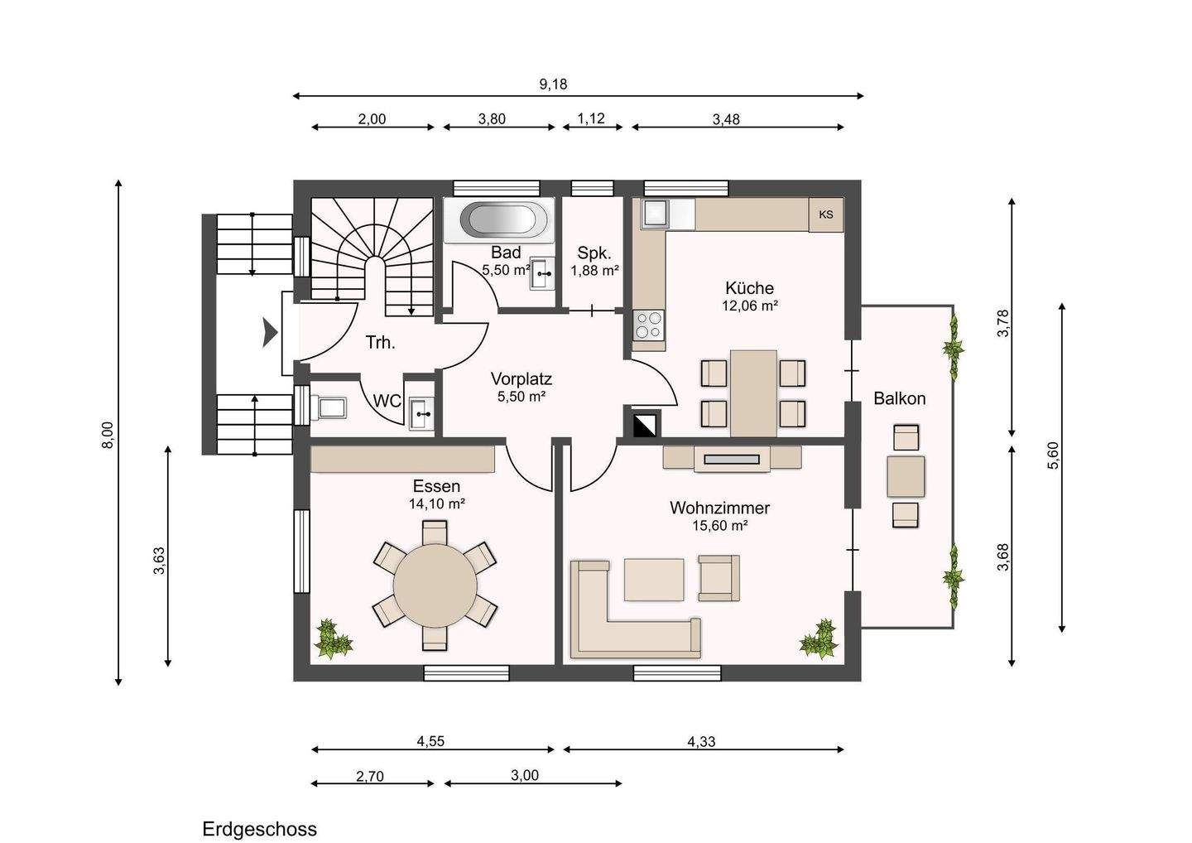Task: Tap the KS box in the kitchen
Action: click(826, 214)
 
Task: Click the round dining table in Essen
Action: click(435, 585)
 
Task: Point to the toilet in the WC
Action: click(329, 407)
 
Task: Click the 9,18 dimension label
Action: click(554, 84)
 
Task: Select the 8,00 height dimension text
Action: click(108, 435)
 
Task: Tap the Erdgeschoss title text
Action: click(260, 829)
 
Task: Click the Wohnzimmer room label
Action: click(719, 508)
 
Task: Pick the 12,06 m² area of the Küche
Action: click(750, 306)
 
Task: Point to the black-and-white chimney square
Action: click(645, 425)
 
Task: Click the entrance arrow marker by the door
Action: click(270, 333)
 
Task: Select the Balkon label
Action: click(899, 398)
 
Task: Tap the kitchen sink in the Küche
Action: click(655, 214)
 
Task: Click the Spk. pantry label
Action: click(594, 253)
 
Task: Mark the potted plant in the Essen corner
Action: click(334, 639)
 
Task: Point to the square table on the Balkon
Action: click(906, 476)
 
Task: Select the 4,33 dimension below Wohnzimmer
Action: click(701, 741)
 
